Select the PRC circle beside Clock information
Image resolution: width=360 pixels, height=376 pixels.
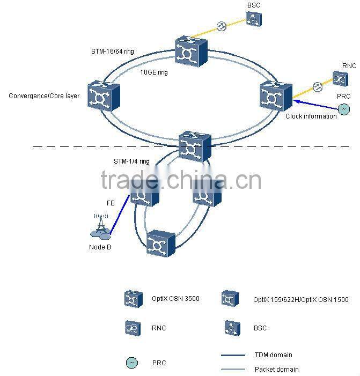click(x=343, y=109)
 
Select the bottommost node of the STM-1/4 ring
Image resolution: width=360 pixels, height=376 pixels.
click(x=161, y=246)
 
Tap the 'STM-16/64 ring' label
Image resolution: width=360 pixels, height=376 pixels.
click(x=112, y=51)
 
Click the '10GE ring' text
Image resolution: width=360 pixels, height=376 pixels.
click(x=153, y=72)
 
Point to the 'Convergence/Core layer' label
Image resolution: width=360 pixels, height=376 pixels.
click(x=44, y=96)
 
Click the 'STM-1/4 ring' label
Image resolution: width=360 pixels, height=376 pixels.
click(x=131, y=161)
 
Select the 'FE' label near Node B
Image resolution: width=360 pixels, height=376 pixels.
click(x=109, y=203)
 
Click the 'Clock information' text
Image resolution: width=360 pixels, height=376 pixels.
click(x=311, y=116)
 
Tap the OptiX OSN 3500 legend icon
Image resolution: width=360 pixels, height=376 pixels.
click(x=133, y=299)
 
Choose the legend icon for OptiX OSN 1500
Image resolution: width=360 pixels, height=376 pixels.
click(x=229, y=299)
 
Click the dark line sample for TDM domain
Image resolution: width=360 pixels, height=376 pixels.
click(x=233, y=355)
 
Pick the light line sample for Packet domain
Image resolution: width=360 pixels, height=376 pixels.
click(x=233, y=369)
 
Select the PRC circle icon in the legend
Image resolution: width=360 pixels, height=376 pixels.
click(x=131, y=363)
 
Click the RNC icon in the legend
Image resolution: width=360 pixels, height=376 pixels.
click(x=132, y=328)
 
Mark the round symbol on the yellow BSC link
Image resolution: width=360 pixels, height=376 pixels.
click(x=221, y=26)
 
